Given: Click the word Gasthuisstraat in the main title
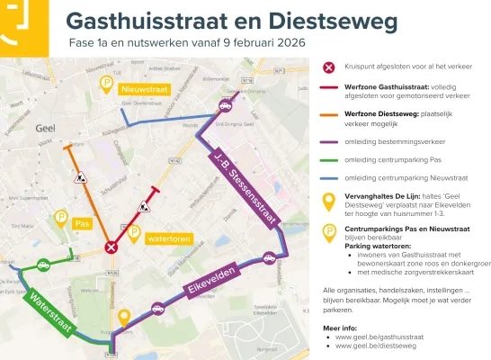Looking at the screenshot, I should pos(143,20).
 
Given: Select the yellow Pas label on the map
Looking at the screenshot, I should pos(85,222).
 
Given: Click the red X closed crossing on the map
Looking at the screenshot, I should pos(111,247).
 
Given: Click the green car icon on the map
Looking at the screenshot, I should pos(42,265).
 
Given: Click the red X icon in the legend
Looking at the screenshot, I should pos(329,67).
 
